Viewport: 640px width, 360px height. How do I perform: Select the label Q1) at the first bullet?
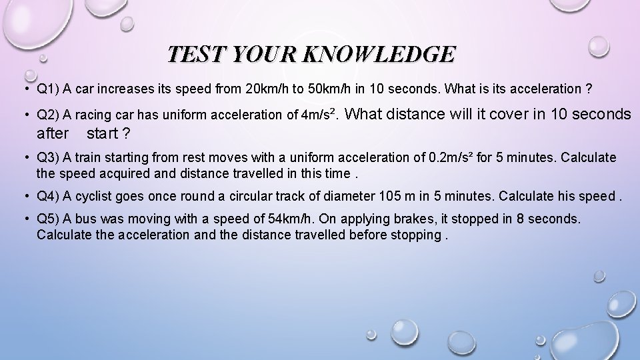coord(49,89)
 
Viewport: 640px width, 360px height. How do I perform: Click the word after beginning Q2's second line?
coord(53,133)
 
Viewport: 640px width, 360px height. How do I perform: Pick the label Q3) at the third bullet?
coord(49,158)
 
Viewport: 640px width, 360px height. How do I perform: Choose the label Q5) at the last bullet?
coord(49,219)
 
